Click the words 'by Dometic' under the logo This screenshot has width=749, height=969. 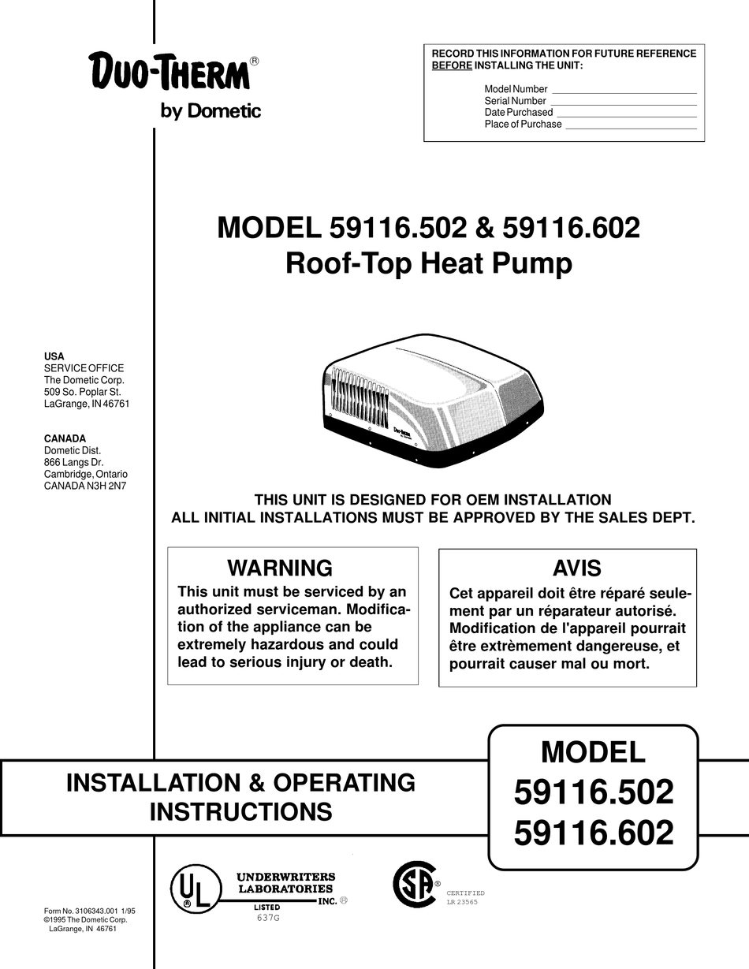pos(211,111)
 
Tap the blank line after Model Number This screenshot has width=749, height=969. pos(623,91)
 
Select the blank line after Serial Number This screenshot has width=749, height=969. pos(623,103)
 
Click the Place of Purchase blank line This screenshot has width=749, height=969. pos(631,127)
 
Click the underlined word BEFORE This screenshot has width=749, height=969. pos(452,65)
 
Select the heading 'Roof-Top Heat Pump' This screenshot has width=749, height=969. pos(428,263)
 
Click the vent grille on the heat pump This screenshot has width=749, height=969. pos(359,398)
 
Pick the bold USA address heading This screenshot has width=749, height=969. pos(54,356)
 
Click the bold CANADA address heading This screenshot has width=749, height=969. pos(65,438)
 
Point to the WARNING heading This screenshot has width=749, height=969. pos(280,568)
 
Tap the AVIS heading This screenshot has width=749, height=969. pos(576,568)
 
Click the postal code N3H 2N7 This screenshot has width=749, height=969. pos(109,486)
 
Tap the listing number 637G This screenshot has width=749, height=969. pos(268,919)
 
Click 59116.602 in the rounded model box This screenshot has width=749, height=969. pos(594,833)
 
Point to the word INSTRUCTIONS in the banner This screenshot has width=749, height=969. pos(240,811)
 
